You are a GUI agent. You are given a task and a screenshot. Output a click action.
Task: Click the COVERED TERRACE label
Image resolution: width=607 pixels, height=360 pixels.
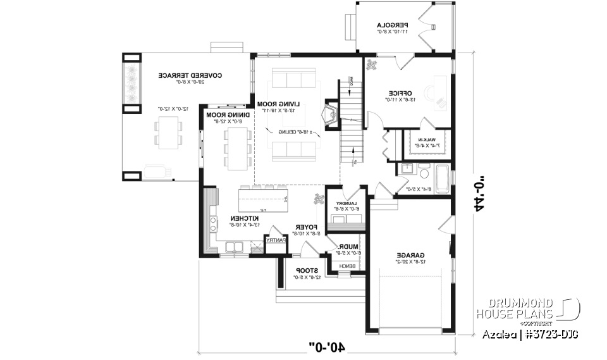click(181, 75)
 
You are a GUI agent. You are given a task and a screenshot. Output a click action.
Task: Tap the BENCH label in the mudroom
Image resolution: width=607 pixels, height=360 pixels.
click(346, 266)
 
